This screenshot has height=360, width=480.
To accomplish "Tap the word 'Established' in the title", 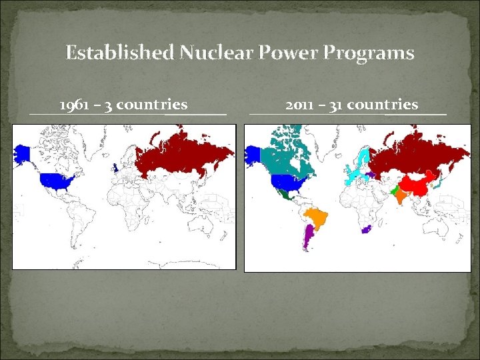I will (x=119, y=52).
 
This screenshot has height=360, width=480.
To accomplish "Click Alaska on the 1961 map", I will (x=23, y=155).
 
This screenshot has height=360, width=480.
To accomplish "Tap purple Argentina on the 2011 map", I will (x=308, y=237).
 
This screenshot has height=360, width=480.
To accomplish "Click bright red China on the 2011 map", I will (x=417, y=184).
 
